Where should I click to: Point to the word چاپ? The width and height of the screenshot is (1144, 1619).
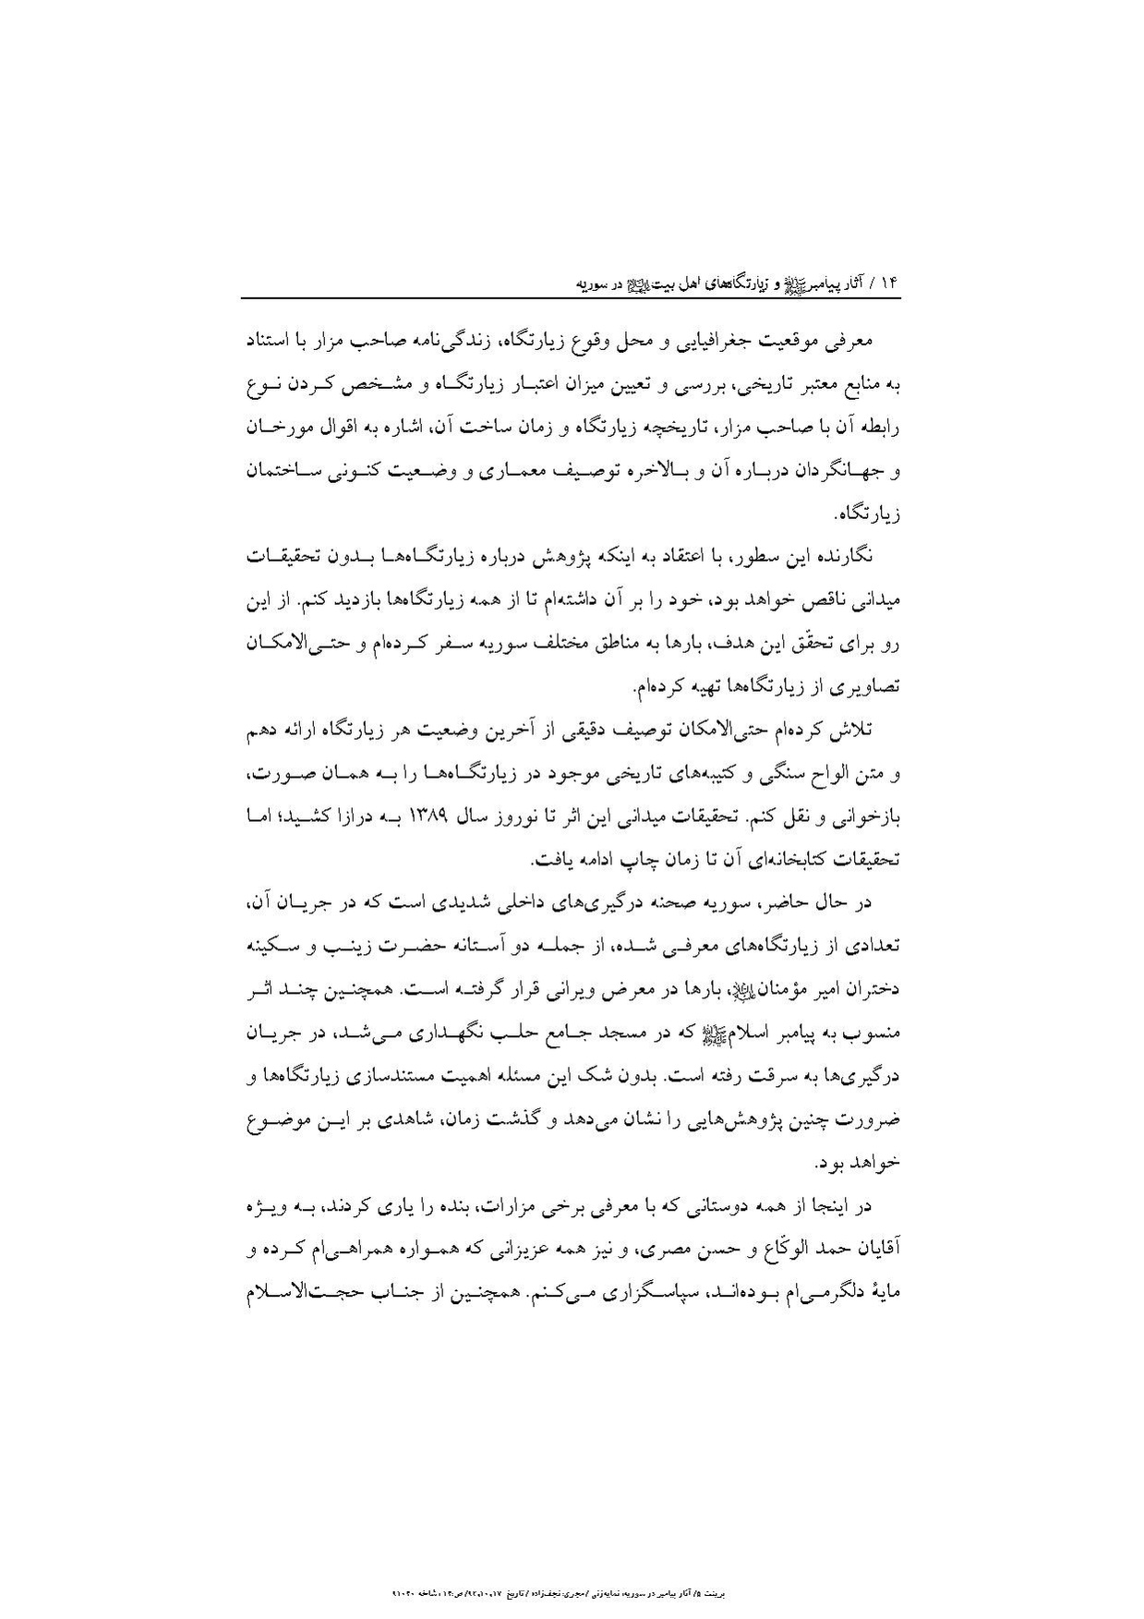(600, 860)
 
